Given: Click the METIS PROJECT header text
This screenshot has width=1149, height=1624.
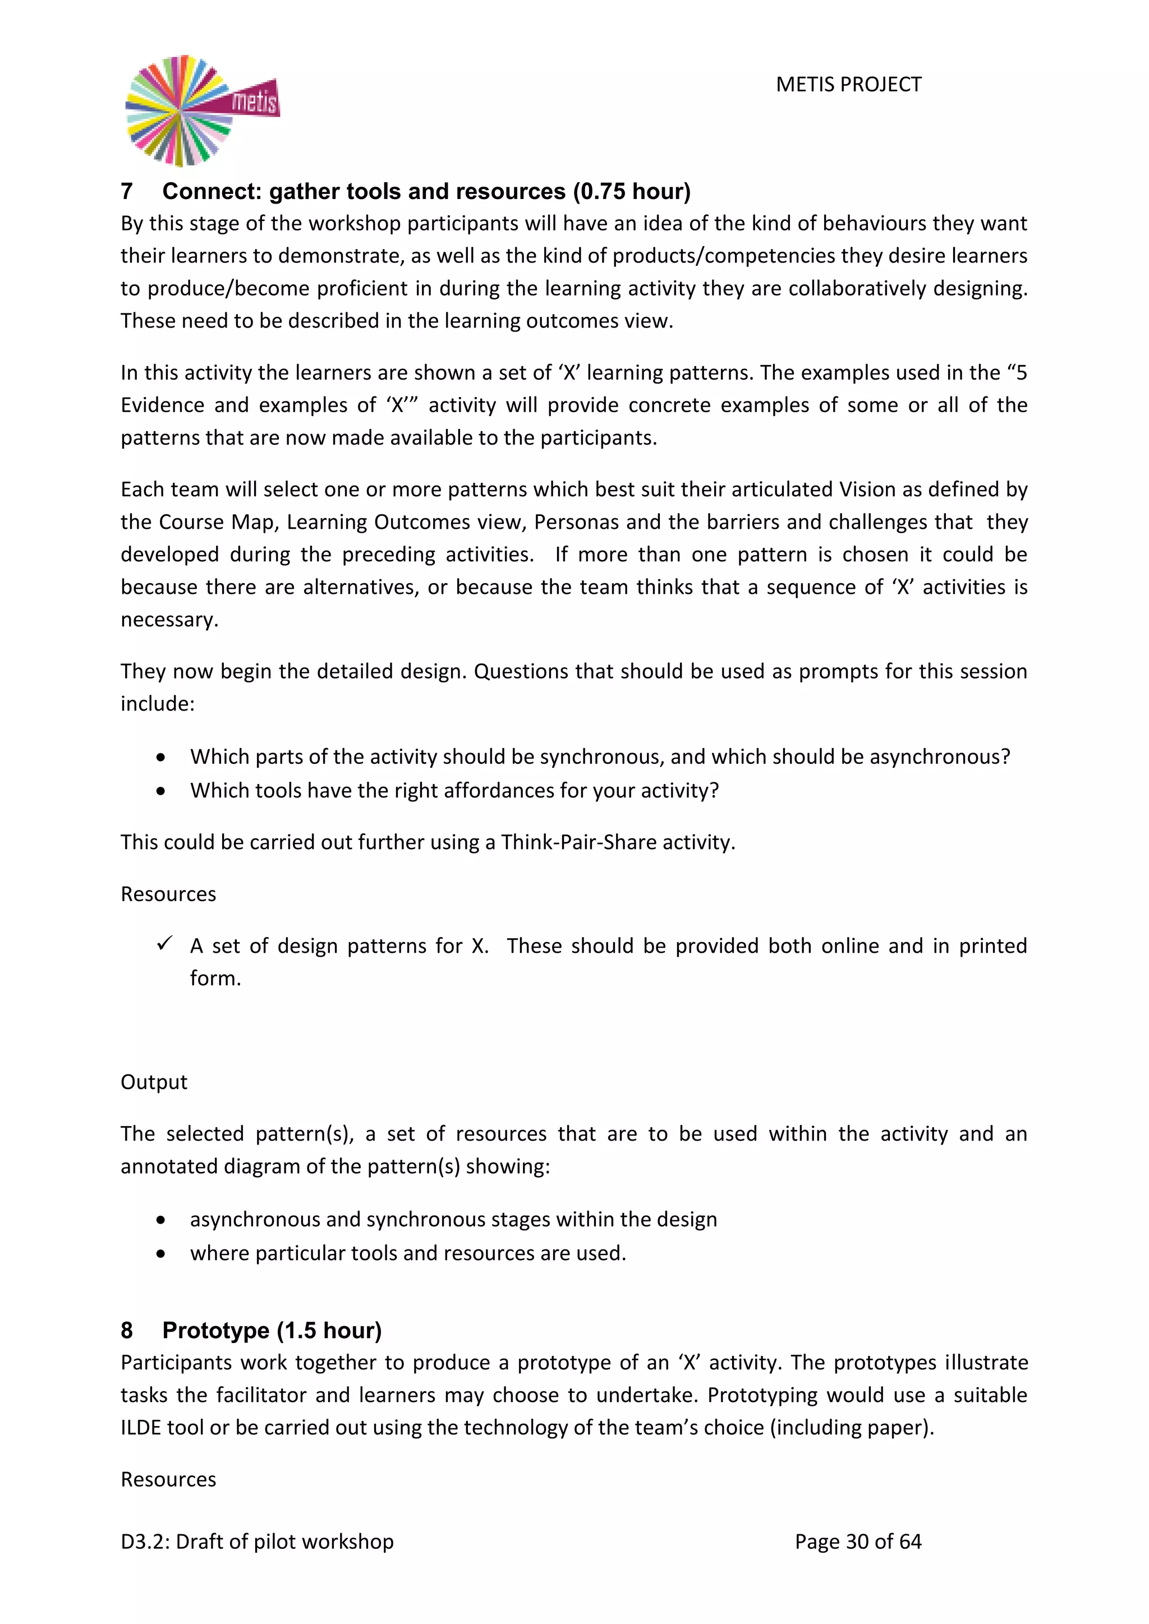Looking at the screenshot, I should pos(848,85).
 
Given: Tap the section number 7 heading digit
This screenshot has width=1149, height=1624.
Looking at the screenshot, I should pos(127,192).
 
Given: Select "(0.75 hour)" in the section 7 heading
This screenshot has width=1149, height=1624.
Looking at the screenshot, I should pos(632,192).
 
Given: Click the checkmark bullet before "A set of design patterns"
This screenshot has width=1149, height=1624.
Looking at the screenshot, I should pos(164,944).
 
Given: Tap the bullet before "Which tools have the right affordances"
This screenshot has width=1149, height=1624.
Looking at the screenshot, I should pos(162,791).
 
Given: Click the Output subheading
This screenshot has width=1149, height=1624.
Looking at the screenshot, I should pos(154,1082).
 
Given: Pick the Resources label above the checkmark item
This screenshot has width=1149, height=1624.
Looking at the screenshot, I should pos(168,894).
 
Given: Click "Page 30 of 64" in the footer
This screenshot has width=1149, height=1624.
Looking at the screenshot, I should pos(857,1541).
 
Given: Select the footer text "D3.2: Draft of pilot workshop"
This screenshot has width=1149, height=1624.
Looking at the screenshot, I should pos(257,1541).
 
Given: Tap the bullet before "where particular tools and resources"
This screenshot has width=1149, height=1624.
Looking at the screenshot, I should pos(162,1253).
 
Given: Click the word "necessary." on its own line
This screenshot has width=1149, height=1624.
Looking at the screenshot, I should pos(169,620).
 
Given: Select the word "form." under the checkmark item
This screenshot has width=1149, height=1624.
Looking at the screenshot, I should pos(215,978).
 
